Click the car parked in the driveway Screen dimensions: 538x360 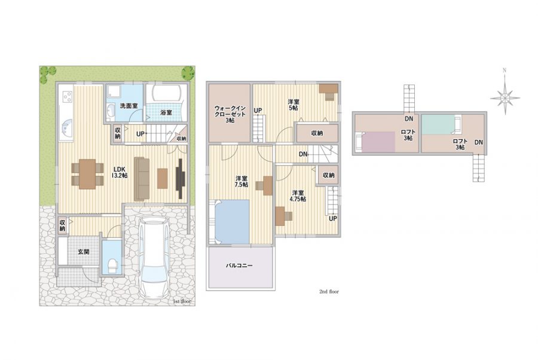click(x=153, y=257)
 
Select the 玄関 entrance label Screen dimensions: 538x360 click(x=84, y=252)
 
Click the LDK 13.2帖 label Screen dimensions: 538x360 click(x=120, y=172)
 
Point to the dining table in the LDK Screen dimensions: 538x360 click(x=87, y=174)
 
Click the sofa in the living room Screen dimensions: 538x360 click(x=141, y=179)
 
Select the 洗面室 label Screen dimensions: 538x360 click(x=129, y=106)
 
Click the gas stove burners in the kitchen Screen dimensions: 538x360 click(x=67, y=96)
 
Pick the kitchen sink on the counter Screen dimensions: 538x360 click(x=66, y=129)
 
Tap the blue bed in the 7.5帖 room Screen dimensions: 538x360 click(x=231, y=222)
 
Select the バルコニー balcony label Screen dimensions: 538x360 click(x=239, y=266)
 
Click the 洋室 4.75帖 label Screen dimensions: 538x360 click(x=298, y=196)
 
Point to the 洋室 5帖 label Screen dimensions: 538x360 click(x=294, y=105)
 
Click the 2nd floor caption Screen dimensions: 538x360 click(x=329, y=291)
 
